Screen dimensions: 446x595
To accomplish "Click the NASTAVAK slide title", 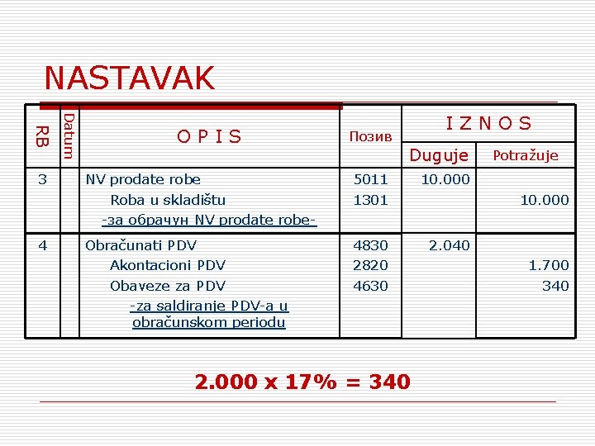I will (129, 78).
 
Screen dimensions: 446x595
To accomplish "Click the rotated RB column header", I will (42, 136).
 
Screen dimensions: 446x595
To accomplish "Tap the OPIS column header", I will (209, 136).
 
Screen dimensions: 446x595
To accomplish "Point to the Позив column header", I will (370, 136).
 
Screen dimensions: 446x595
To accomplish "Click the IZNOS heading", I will (488, 124).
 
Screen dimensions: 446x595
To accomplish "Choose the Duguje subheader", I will (439, 155).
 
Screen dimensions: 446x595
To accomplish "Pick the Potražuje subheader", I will (526, 155).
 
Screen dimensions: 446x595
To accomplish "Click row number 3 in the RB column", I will (42, 179).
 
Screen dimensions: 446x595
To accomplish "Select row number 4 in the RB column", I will (42, 244).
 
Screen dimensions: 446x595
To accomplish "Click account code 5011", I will (370, 179).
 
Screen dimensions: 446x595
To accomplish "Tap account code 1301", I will (370, 200).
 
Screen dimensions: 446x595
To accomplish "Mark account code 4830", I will (370, 244).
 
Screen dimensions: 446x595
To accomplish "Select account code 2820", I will (370, 265).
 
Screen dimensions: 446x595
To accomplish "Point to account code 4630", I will (370, 286).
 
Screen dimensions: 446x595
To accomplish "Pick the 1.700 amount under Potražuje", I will (549, 265).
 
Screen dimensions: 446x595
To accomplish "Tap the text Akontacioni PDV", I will (168, 265).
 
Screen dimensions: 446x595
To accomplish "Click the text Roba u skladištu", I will (168, 200).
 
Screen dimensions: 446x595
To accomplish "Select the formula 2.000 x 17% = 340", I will (302, 382).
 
